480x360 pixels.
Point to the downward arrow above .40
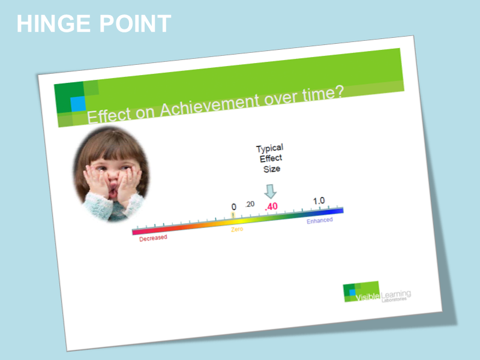click(271, 191)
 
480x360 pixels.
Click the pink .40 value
click(271, 206)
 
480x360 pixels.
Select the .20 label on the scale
click(250, 204)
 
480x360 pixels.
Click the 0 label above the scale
click(234, 207)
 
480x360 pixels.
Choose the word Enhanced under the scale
click(319, 221)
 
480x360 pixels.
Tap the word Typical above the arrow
click(269, 148)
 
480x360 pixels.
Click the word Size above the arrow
click(272, 169)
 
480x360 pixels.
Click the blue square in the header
click(78, 103)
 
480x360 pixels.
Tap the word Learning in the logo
click(396, 293)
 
